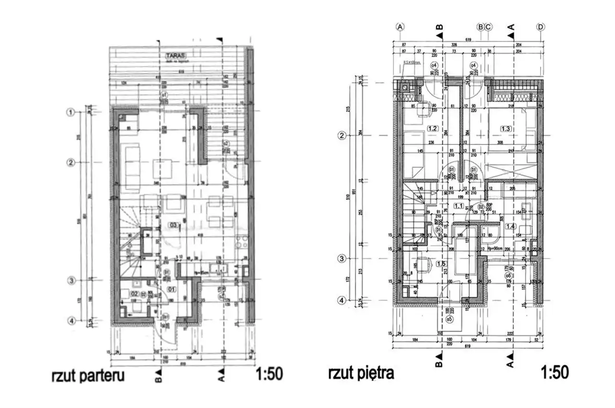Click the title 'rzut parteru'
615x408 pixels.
pyautogui.click(x=87, y=375)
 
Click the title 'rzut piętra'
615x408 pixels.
pyautogui.click(x=361, y=373)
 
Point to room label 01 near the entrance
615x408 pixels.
pyautogui.click(x=172, y=288)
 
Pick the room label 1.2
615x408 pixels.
pyautogui.click(x=432, y=129)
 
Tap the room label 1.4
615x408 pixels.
pyautogui.click(x=510, y=226)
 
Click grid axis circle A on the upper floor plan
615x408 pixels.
pyautogui.click(x=400, y=27)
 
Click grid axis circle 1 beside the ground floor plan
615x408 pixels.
pyautogui.click(x=70, y=112)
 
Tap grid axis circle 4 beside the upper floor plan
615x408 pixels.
pyautogui.click(x=342, y=300)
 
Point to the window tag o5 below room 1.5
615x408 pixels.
pyautogui.click(x=450, y=319)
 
